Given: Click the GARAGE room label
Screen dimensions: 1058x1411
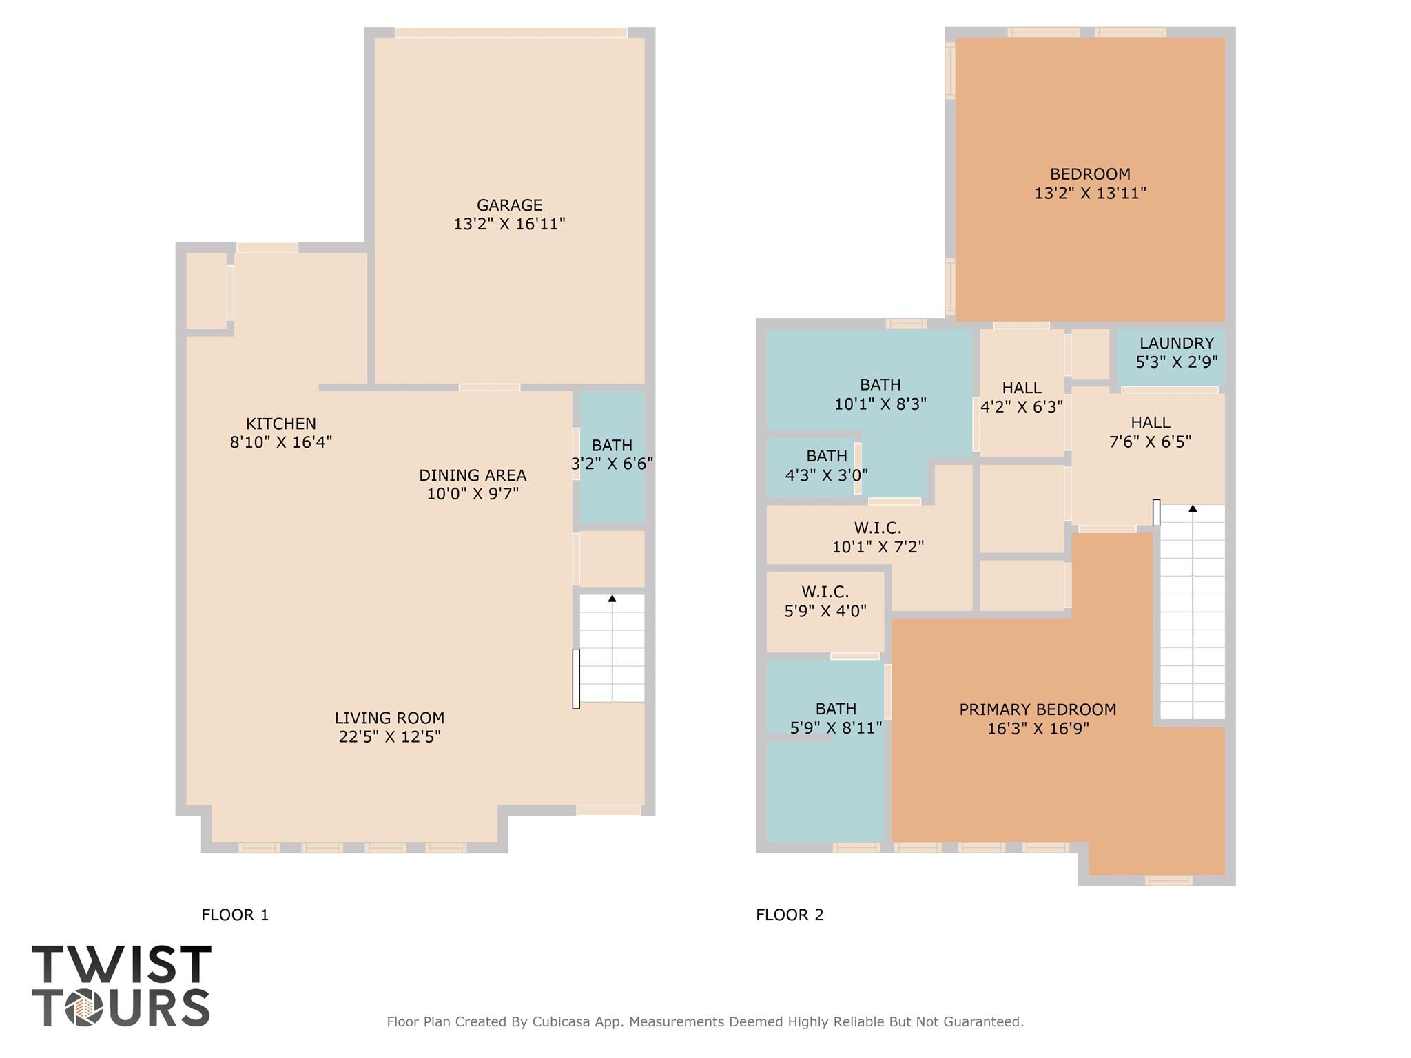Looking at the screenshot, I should (x=509, y=205).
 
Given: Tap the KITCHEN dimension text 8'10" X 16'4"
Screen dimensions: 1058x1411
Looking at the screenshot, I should (x=281, y=442).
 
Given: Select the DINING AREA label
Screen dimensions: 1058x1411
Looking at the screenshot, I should (x=473, y=475).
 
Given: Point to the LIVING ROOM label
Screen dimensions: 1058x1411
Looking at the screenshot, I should (x=389, y=718).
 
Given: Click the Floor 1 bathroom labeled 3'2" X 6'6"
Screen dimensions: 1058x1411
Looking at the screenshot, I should (x=612, y=455).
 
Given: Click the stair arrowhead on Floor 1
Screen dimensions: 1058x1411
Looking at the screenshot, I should (x=612, y=599).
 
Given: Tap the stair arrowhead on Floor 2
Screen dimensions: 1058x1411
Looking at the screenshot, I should (x=1193, y=509).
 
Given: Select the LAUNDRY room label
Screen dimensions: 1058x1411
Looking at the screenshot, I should (x=1176, y=343).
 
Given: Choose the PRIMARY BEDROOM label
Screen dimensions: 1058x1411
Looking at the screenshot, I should (x=1038, y=709).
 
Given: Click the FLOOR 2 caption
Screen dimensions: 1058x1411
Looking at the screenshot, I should (x=790, y=915).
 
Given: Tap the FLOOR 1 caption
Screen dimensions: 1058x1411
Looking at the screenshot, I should (x=235, y=915).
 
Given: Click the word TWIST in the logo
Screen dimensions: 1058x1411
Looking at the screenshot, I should (x=121, y=964).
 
